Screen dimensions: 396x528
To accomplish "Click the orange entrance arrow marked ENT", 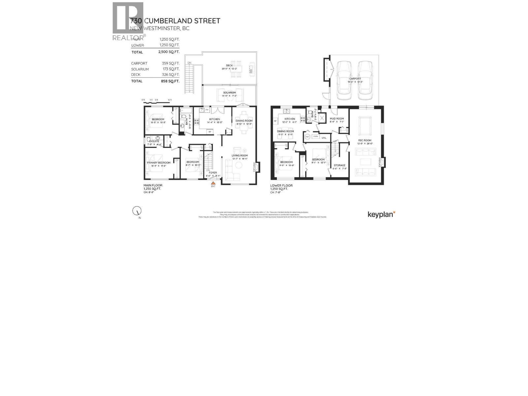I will pos(213,182).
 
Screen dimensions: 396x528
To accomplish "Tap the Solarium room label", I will pos(229,92).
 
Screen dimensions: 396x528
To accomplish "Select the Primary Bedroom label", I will pos(158,163).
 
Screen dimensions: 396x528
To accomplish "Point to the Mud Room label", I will pos(337,118).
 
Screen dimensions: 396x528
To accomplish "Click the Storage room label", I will pos(339,165).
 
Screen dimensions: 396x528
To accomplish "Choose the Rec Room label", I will pos(365,140).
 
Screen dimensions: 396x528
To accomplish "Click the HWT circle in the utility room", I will pos(307,136).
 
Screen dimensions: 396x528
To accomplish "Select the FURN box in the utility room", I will pos(316,136).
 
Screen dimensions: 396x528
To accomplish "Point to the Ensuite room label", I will pos(154,141).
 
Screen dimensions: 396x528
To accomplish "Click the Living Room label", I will pos(239,155).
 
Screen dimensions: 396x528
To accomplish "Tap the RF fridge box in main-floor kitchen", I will pos(209,132).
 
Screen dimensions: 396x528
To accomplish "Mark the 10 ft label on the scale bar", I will pos(170,100).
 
